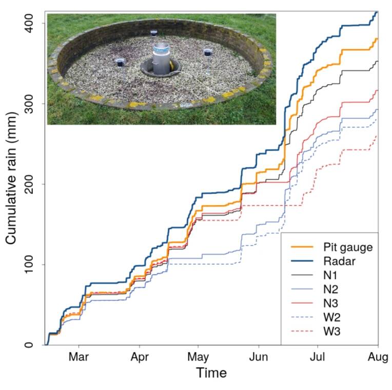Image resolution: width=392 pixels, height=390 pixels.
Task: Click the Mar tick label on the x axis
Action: (79, 356)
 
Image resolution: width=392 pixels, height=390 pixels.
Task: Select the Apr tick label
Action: (139, 356)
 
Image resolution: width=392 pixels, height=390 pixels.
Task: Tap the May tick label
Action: (198, 356)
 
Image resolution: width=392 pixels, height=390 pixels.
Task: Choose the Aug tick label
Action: (378, 356)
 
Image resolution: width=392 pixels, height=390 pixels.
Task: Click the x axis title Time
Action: (211, 373)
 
